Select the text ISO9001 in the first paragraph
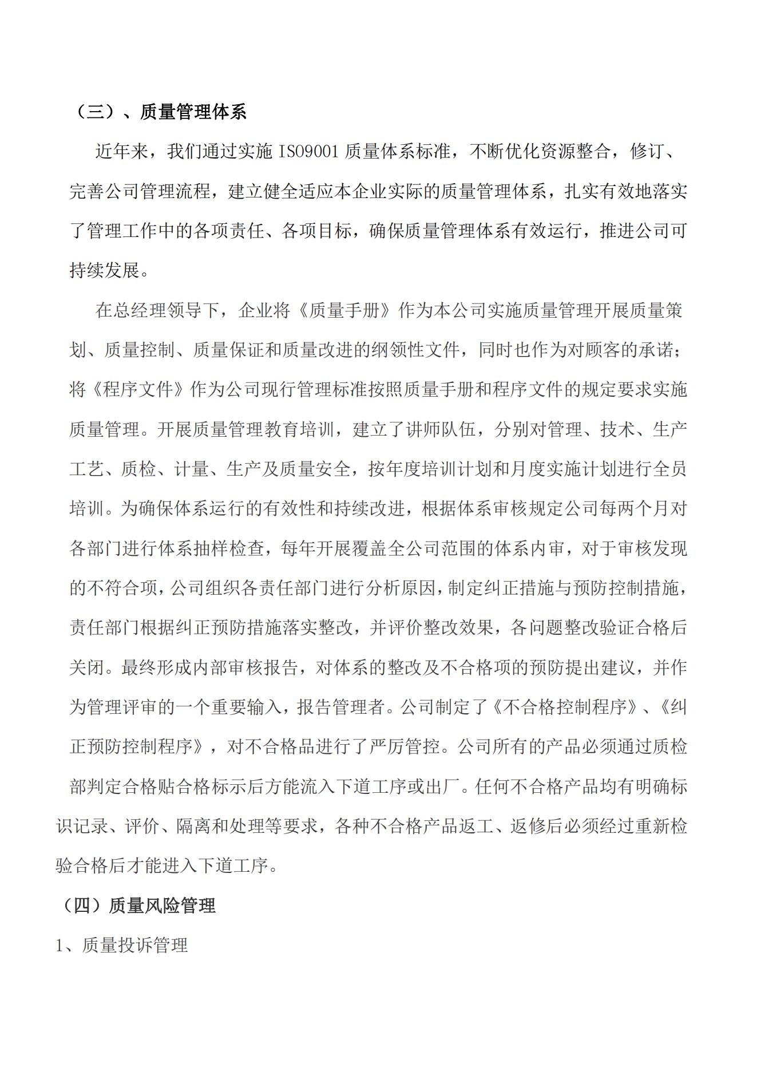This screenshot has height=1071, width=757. [x=310, y=152]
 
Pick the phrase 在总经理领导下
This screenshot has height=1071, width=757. [x=157, y=310]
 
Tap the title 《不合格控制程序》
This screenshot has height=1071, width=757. [x=562, y=707]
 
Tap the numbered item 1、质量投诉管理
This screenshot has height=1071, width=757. [x=121, y=945]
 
